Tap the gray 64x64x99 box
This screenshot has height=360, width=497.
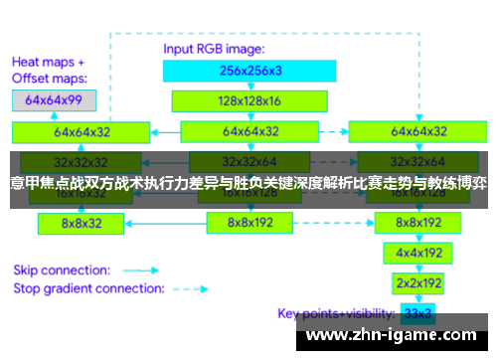tap(54, 99)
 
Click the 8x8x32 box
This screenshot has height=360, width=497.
tap(82, 224)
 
